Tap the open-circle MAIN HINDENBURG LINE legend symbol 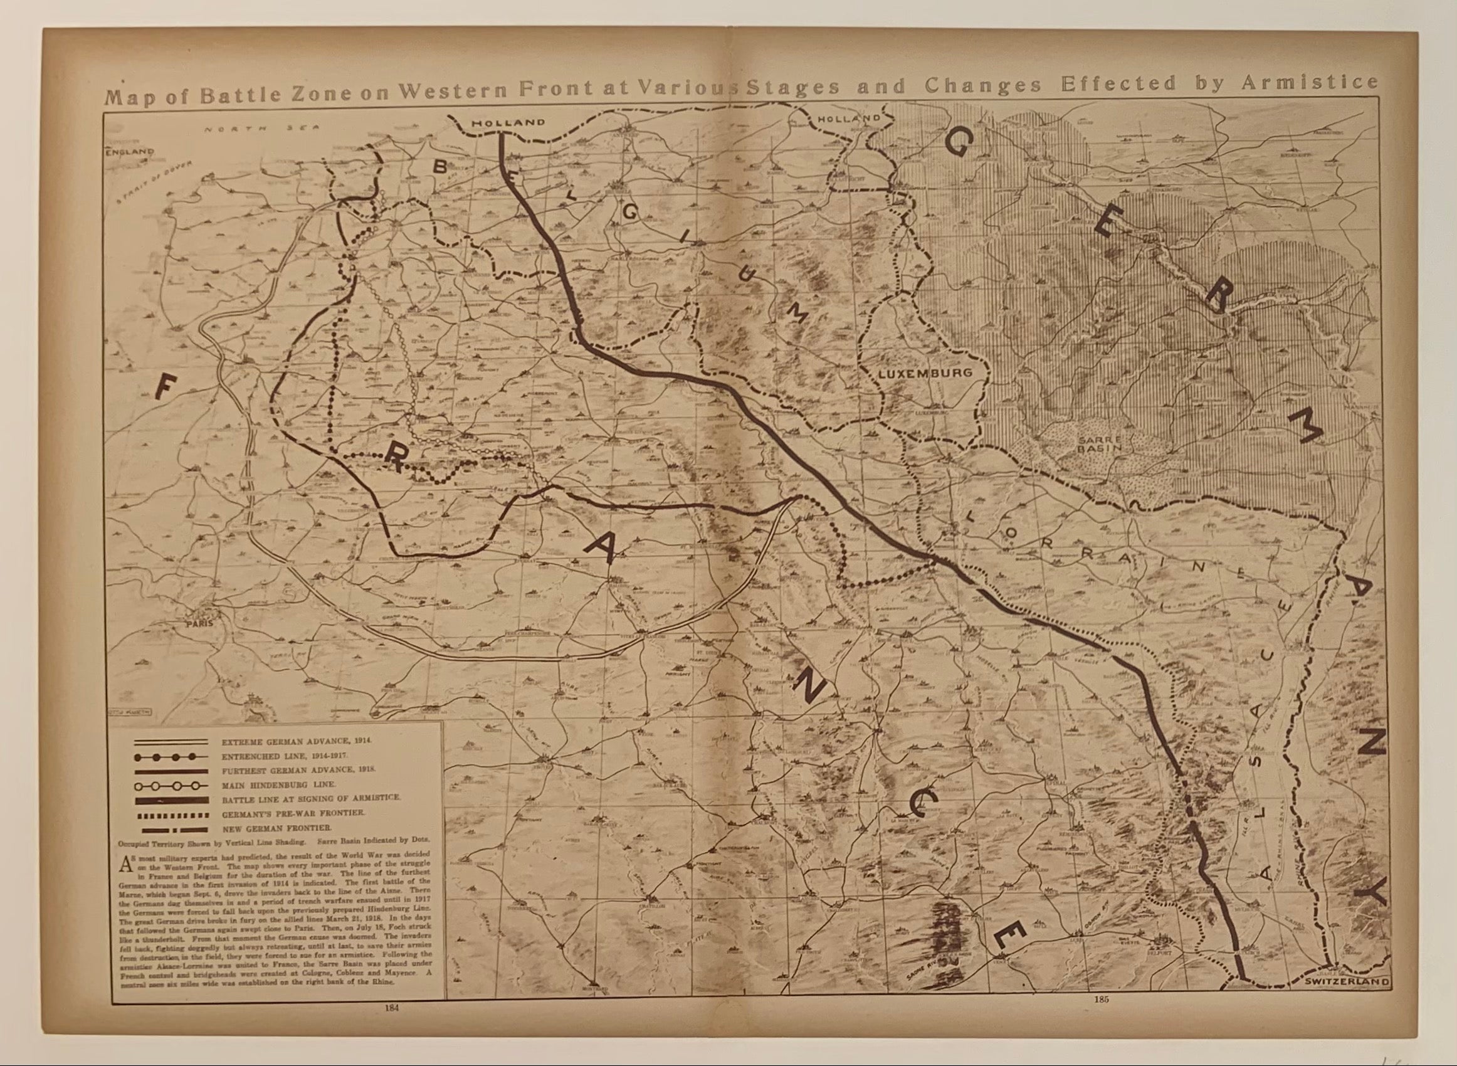(x=171, y=786)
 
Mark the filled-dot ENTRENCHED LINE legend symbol (x=171, y=756)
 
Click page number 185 (x=1100, y=1000)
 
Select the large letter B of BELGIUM (x=440, y=166)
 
